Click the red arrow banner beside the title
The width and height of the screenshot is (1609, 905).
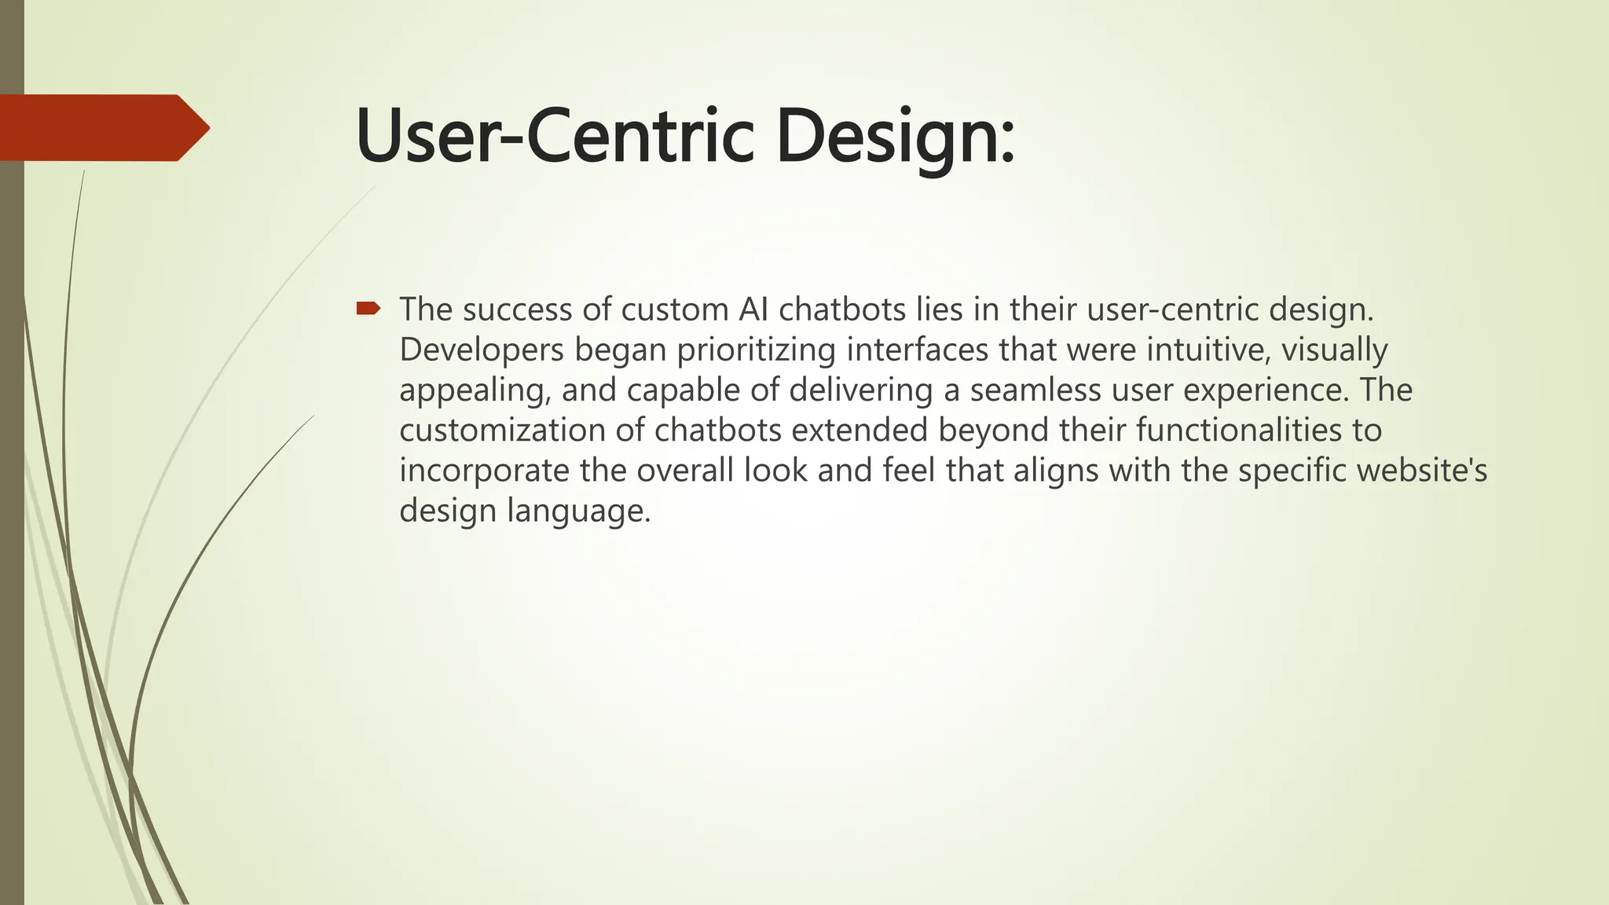tap(102, 127)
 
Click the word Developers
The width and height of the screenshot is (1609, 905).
tap(481, 350)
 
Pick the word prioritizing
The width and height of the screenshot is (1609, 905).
tap(756, 350)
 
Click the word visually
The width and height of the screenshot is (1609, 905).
tap(1335, 350)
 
